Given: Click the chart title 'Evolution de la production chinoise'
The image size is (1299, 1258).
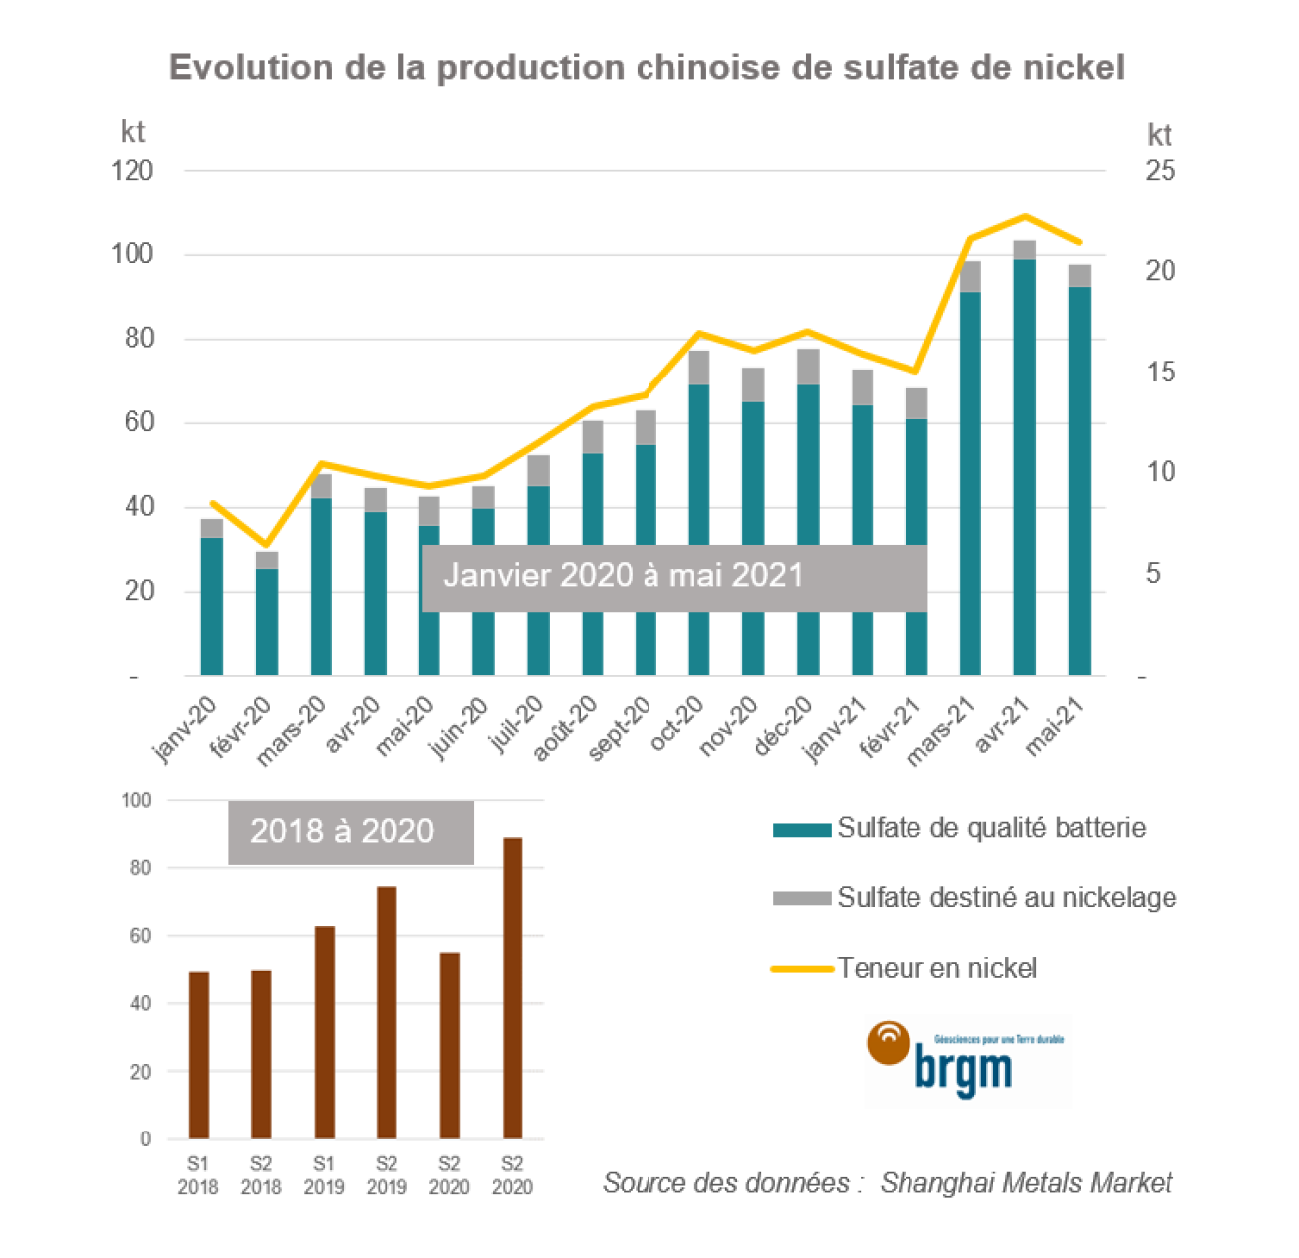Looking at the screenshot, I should [647, 67].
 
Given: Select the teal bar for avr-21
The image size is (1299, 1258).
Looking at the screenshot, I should [1024, 468].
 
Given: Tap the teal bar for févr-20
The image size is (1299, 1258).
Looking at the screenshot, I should [266, 622].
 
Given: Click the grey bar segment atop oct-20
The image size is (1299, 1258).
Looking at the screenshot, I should [700, 368].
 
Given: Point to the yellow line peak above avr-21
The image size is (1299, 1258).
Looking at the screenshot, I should [1024, 216].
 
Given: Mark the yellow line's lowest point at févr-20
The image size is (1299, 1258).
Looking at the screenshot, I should [266, 546].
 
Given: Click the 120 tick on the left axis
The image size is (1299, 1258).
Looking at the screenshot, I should [132, 171].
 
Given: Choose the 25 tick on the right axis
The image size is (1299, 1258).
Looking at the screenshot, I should [1160, 171].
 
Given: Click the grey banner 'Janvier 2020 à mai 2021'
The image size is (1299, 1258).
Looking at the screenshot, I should [674, 578].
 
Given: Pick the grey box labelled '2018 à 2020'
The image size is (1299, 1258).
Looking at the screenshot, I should [351, 832].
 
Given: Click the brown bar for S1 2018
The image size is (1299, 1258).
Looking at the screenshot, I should [199, 1056].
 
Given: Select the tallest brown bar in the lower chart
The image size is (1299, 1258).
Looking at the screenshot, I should [512, 988].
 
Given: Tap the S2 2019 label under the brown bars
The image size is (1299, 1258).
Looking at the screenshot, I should [387, 1175].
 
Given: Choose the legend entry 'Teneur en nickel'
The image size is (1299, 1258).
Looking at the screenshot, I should [936, 968].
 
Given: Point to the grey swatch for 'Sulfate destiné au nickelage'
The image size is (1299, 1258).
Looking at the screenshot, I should [801, 898].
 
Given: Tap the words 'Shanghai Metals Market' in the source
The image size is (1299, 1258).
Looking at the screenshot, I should [1026, 1183].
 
